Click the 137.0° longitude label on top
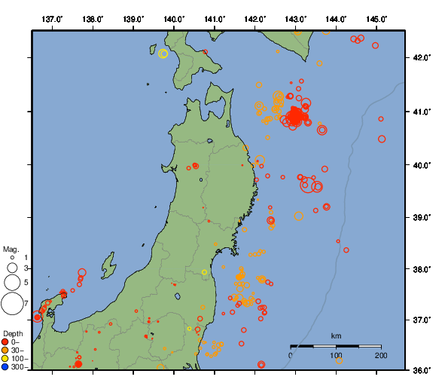[x=52, y=18]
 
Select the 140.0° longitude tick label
[x=174, y=18]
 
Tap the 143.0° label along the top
[x=296, y=18]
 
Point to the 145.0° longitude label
[x=376, y=18]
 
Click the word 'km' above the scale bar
[x=336, y=335]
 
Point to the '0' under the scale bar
[x=291, y=354]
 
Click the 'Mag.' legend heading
[x=11, y=250]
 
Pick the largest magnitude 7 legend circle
[x=11, y=304]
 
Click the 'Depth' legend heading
[x=13, y=333]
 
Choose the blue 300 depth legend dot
[x=5, y=367]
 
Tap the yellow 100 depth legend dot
[x=5, y=358]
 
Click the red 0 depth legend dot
[x=5, y=341]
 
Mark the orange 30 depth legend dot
[x=5, y=350]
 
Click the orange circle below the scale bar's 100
[x=339, y=361]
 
